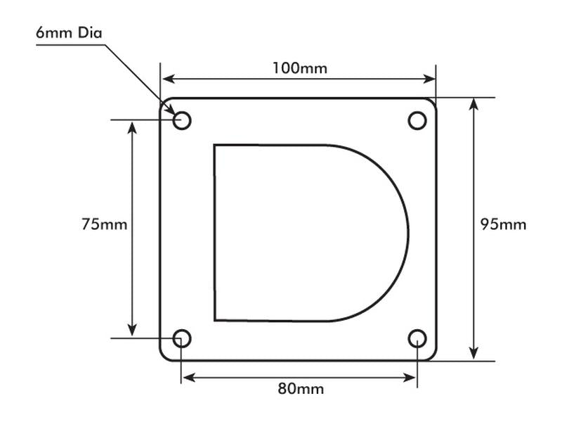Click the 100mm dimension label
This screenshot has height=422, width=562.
(300, 68)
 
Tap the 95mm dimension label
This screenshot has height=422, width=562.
(503, 224)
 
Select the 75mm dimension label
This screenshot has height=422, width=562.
(104, 224)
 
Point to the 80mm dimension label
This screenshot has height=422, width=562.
(301, 389)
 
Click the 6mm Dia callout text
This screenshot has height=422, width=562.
(69, 32)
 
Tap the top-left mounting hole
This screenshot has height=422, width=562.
(182, 120)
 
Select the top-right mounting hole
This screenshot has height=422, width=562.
(417, 120)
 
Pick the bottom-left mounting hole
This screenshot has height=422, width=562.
(182, 338)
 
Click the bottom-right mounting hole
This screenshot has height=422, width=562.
(417, 338)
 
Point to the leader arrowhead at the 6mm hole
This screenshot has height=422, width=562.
(171, 109)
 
